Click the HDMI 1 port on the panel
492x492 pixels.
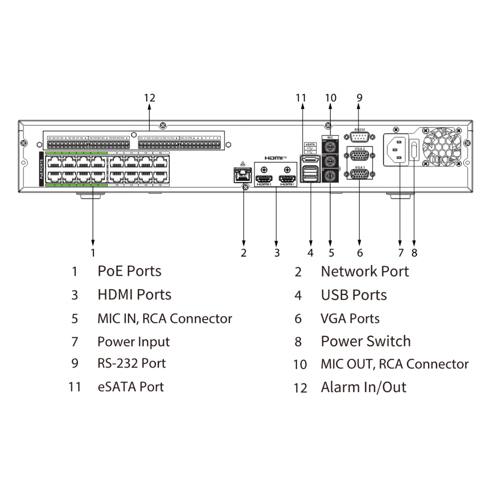click(288, 178)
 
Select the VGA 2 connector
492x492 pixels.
click(360, 156)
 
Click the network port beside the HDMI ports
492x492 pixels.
click(242, 175)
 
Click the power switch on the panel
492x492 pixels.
click(415, 149)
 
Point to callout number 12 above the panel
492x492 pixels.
click(149, 98)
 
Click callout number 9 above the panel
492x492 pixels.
click(359, 98)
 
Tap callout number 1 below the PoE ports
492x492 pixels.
click(93, 252)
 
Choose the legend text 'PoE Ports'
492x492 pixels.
click(129, 271)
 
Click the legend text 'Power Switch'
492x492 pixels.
click(366, 342)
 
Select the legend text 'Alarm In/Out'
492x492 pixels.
click(363, 387)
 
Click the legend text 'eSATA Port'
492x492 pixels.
click(130, 387)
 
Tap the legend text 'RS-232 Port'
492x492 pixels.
click(131, 363)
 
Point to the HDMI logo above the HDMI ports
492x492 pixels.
click(275, 158)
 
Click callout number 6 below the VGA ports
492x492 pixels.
click(360, 252)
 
